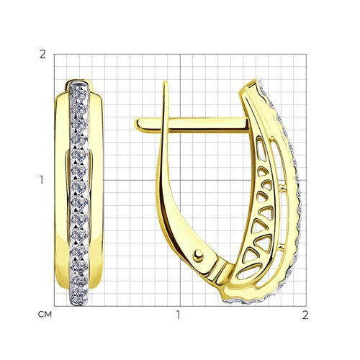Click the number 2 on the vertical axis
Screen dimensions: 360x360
(42, 55)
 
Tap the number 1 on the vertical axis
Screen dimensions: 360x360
(42, 180)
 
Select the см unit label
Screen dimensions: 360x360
(45, 315)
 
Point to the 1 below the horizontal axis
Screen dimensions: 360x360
(178, 315)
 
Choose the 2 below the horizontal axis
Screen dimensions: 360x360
(305, 315)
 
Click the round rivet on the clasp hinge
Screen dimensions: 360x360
(198, 256)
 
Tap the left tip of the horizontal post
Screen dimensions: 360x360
(135, 124)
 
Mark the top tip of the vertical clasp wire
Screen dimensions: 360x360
(165, 81)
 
